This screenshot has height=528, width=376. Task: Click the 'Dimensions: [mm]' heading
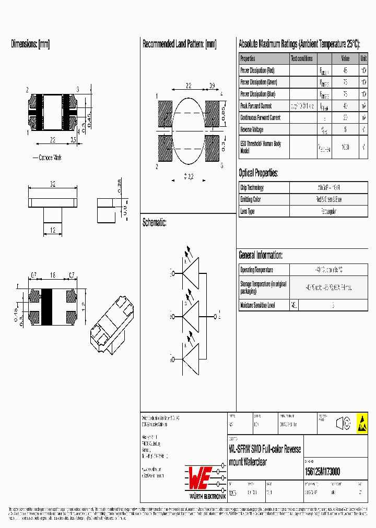(x=30, y=44)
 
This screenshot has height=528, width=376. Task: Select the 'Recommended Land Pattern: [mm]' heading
(x=179, y=44)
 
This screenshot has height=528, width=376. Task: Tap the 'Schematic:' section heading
(x=155, y=223)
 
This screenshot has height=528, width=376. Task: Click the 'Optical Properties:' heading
(x=258, y=173)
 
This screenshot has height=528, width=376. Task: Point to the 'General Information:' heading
(x=261, y=255)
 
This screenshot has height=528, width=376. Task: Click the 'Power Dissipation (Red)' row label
(x=257, y=70)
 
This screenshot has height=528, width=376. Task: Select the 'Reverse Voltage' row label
(x=253, y=129)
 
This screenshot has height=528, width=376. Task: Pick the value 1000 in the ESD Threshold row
(x=345, y=147)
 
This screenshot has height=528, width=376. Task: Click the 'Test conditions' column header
(x=302, y=58)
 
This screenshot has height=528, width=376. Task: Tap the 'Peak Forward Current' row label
(x=256, y=106)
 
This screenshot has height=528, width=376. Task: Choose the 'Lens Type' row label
(x=247, y=211)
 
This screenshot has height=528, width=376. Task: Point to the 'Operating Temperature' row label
(x=256, y=270)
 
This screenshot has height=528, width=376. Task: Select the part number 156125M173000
(x=322, y=472)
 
